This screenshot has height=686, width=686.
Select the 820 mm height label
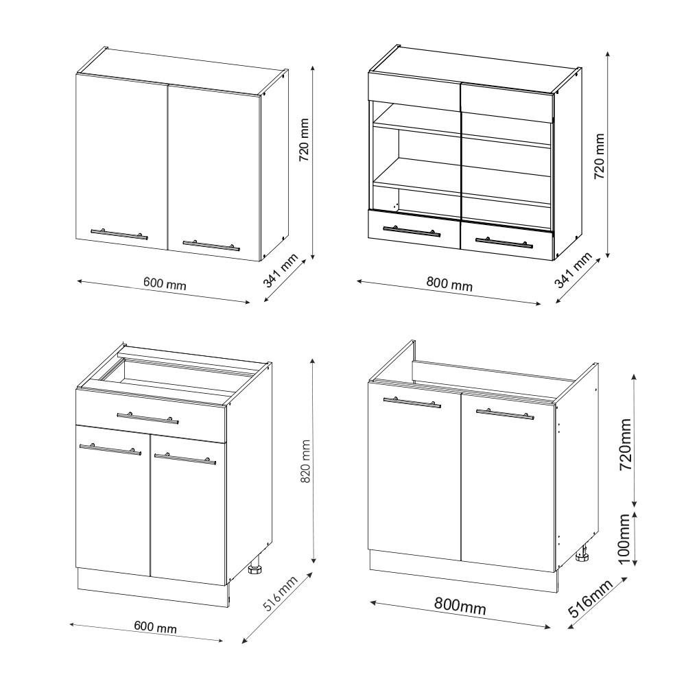pyautogui.click(x=306, y=461)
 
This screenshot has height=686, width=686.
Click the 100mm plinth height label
pyautogui.click(x=624, y=540)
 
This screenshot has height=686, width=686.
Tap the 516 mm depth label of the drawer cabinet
pyautogui.click(x=280, y=595)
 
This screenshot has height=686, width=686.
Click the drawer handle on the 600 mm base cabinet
pyautogui.click(x=147, y=417)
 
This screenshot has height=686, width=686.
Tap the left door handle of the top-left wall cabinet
pyautogui.click(x=119, y=234)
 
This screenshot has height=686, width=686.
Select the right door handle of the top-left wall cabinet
pyautogui.click(x=211, y=244)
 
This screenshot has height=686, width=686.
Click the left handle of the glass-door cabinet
pyautogui.click(x=412, y=231)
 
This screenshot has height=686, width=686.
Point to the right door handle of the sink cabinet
pyautogui.click(x=504, y=414)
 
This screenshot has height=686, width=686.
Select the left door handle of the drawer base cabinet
pyautogui.click(x=110, y=449)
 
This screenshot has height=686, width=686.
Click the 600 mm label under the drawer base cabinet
pyautogui.click(x=155, y=627)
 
